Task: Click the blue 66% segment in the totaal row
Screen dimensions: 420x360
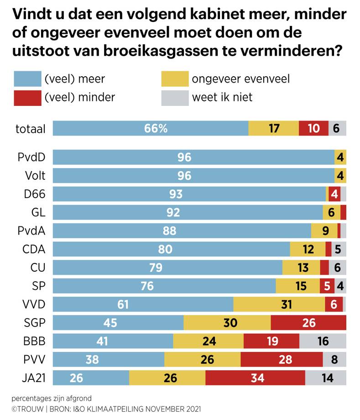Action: (x=151, y=128)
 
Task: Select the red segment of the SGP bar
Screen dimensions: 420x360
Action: (x=308, y=322)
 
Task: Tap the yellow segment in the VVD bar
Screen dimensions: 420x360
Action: (x=279, y=304)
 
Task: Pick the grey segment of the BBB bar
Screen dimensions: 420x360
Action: (x=323, y=341)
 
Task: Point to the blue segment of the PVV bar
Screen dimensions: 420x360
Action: (x=109, y=359)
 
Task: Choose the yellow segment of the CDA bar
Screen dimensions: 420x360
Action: (x=308, y=249)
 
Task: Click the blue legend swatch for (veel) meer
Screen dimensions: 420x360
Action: (x=27, y=79)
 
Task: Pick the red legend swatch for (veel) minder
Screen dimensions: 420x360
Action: (x=27, y=98)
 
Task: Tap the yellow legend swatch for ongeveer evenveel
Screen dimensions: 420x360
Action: (x=175, y=79)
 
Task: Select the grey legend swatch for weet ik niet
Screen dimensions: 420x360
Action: (x=175, y=98)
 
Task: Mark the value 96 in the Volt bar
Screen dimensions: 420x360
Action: (x=184, y=176)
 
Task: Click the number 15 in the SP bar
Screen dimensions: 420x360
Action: (x=301, y=286)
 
